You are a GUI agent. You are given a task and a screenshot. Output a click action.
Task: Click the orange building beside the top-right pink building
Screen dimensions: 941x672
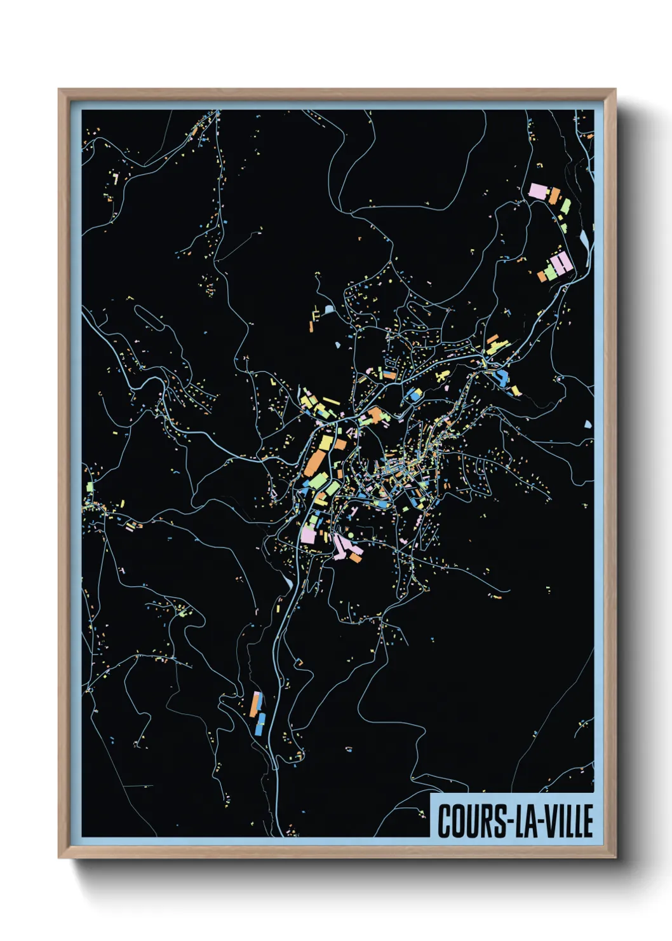(x=554, y=195)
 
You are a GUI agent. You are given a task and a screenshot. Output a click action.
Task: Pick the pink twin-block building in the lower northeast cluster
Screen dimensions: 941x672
(x=561, y=263)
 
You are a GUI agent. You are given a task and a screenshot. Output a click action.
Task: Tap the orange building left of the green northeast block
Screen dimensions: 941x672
(x=542, y=276)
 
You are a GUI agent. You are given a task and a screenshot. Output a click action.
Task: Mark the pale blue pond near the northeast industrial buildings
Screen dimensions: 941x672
(x=584, y=239)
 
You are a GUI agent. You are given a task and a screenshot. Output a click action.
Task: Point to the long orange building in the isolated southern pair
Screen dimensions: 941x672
(x=255, y=704)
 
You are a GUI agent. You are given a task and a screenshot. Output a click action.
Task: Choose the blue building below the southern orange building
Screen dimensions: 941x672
(x=260, y=724)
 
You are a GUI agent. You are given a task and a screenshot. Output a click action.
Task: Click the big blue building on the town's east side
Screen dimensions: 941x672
(x=501, y=378)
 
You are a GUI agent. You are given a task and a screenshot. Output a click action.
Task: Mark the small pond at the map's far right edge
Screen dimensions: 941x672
(x=588, y=424)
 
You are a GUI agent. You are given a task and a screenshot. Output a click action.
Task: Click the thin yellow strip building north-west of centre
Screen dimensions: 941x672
(x=330, y=401)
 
